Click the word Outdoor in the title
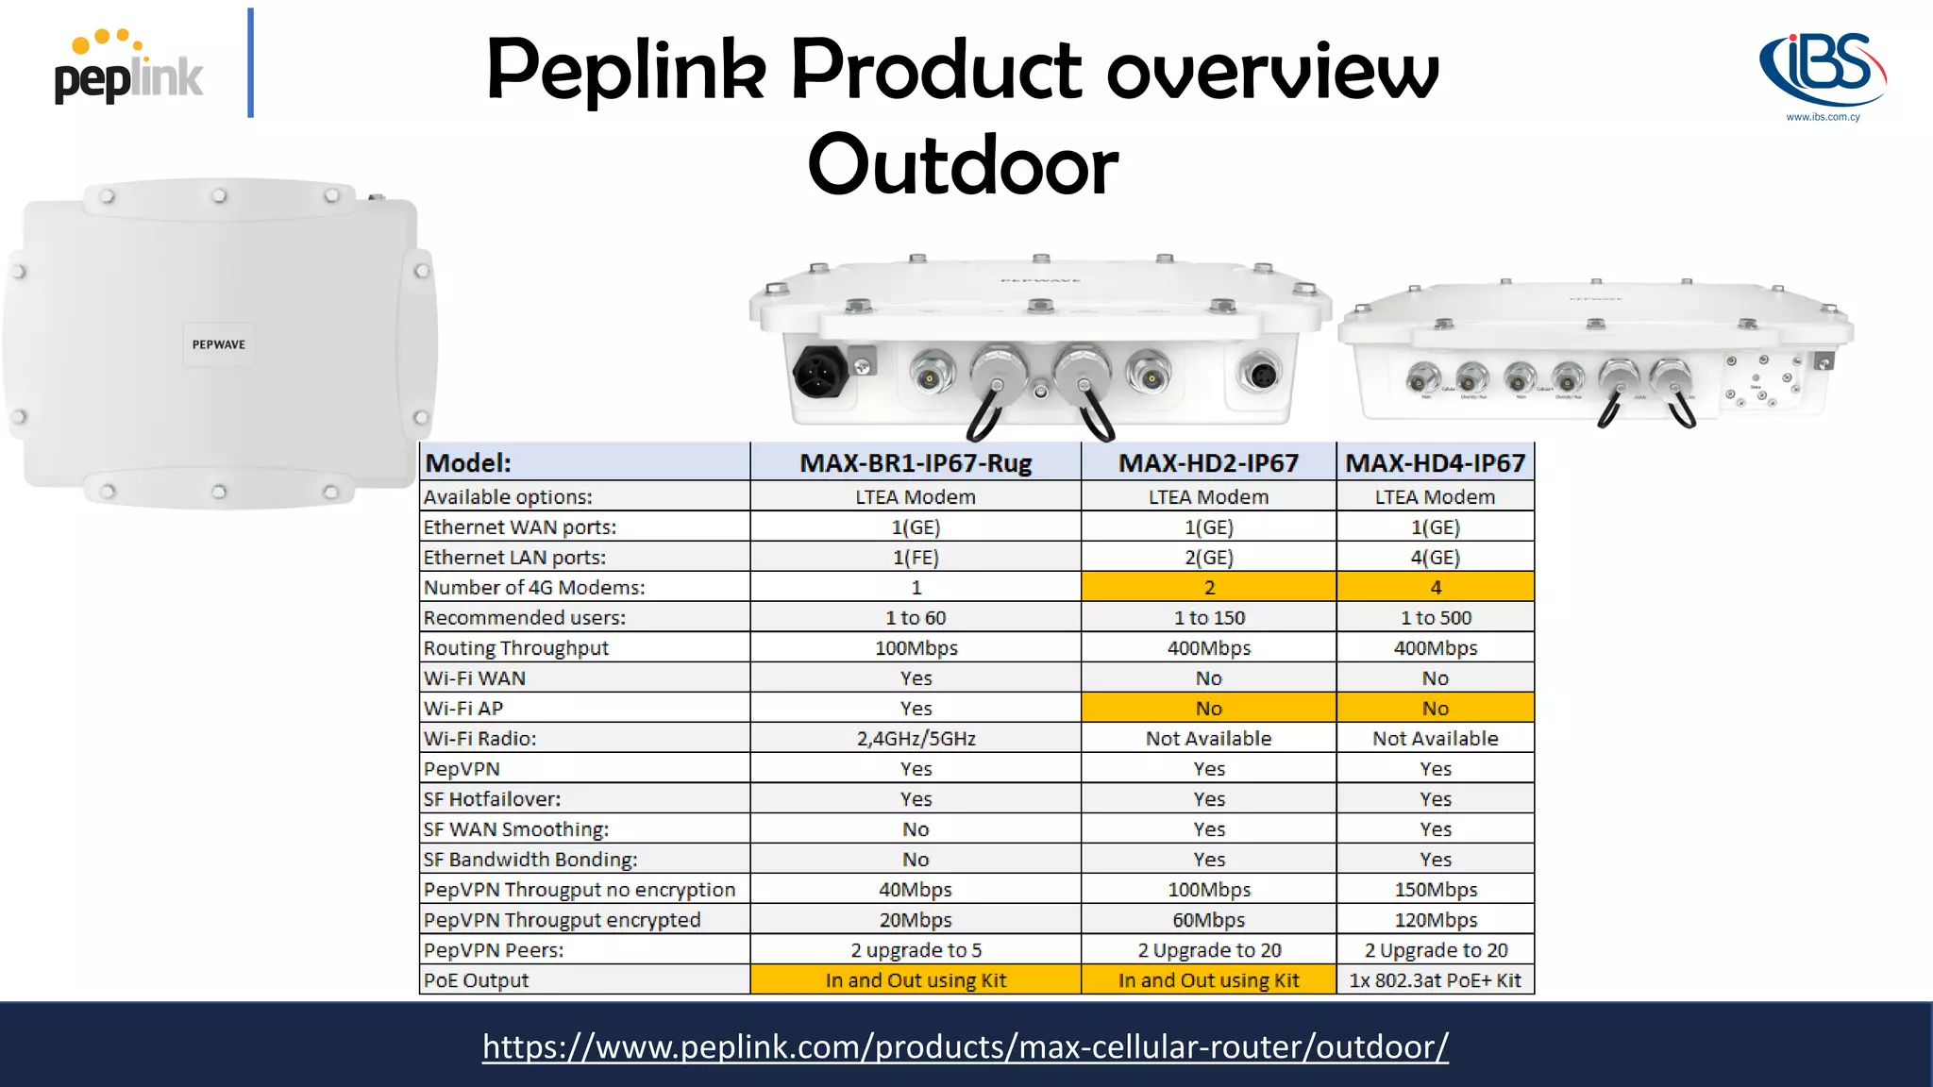963,165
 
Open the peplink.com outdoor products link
965,1046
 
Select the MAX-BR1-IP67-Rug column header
916,463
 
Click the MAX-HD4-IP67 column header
1435,463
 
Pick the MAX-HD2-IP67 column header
1208,463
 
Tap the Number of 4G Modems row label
534,588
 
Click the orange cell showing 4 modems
1435,588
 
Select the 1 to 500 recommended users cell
1435,618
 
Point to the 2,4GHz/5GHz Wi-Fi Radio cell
916,739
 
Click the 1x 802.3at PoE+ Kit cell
1435,980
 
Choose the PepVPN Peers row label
494,950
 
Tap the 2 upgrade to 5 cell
916,950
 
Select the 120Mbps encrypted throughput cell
1435,920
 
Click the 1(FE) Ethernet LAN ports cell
916,558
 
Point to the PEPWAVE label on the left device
219,344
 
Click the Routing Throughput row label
516,648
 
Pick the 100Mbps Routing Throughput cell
916,648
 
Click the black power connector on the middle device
818,373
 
